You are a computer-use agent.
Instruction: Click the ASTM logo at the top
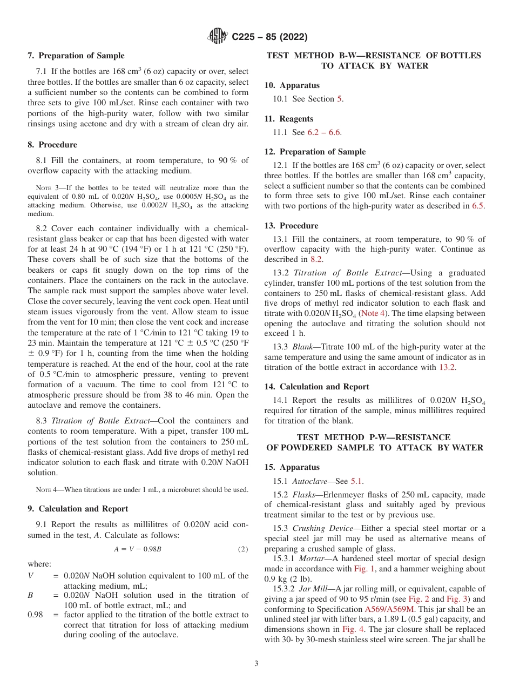[218, 37]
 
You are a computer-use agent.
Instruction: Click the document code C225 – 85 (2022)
[269, 37]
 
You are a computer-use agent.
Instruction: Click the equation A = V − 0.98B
[138, 549]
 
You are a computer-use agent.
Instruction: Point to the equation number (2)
[243, 549]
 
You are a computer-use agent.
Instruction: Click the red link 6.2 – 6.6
[324, 132]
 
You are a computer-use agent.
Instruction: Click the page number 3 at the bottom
[256, 663]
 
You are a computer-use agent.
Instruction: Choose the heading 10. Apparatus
[292, 85]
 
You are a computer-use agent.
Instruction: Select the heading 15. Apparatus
[292, 467]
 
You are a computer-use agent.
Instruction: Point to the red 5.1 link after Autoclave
[356, 481]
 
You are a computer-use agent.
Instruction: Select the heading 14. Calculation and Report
[316, 386]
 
